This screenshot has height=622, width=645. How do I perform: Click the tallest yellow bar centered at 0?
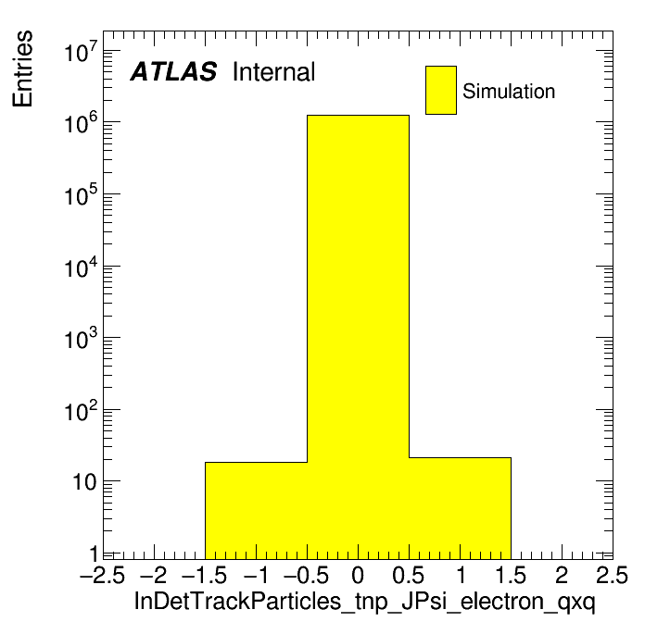(x=358, y=337)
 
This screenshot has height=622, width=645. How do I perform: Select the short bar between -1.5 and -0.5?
(x=257, y=511)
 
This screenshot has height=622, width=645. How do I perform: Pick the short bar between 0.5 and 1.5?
(x=460, y=508)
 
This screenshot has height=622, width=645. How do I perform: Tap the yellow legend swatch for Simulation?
(x=441, y=90)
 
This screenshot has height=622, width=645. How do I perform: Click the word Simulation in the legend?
(x=509, y=92)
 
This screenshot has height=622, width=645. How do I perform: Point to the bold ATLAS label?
(x=173, y=71)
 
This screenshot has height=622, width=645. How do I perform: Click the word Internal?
(x=273, y=72)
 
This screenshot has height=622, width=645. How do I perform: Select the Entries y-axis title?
(x=22, y=68)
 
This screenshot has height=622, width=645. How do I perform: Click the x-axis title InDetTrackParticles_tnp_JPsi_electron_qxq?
(x=364, y=602)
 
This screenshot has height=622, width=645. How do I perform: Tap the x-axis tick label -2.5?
(x=103, y=575)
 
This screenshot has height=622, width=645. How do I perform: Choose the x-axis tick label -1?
(x=257, y=575)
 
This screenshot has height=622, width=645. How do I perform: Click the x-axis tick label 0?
(x=358, y=575)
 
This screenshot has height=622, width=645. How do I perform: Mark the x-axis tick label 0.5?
(x=408, y=575)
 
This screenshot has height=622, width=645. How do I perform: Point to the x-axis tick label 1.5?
(x=511, y=575)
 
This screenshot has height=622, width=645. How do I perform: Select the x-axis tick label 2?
(x=562, y=575)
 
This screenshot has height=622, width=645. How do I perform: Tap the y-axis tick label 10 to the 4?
(x=82, y=267)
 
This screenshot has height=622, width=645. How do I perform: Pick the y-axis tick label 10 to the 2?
(x=82, y=410)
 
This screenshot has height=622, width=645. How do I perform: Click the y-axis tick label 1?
(x=94, y=554)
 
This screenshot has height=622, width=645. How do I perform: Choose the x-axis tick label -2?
(x=153, y=575)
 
